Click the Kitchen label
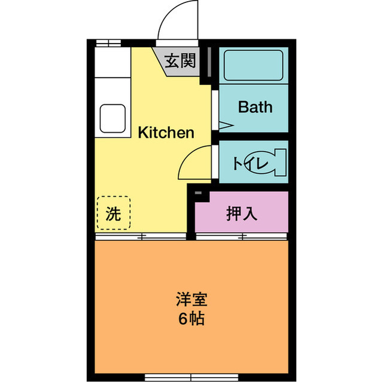[166, 132]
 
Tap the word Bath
[255, 107]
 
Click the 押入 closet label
[242, 213]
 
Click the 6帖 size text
[191, 318]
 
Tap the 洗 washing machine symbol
[113, 213]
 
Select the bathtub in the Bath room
[253, 66]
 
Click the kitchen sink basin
[113, 118]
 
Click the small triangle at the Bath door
[224, 126]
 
